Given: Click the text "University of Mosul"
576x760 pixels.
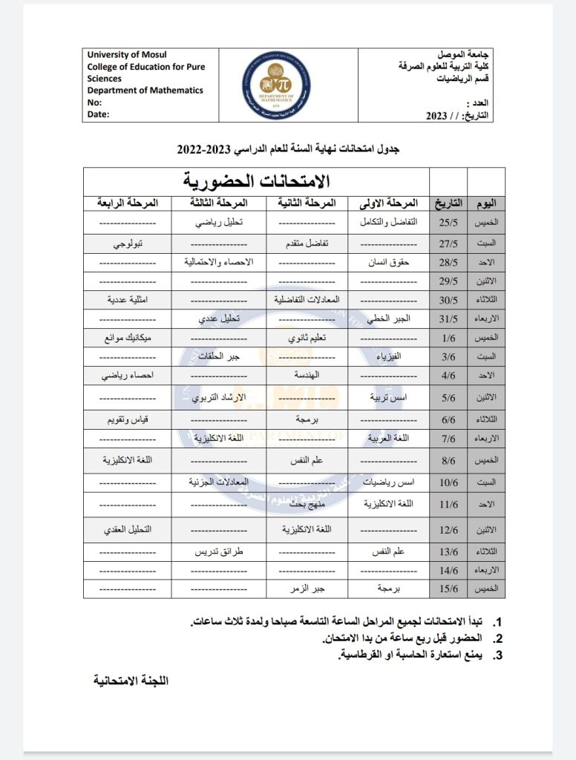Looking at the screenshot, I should click(x=127, y=55).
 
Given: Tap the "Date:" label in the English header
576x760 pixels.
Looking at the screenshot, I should click(x=98, y=114).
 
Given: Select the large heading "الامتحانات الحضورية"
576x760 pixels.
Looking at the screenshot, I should click(x=256, y=181).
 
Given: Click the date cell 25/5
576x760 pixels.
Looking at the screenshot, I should click(x=448, y=222).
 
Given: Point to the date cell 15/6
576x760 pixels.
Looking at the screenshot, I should click(x=448, y=588).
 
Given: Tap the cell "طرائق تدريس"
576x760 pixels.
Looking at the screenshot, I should click(x=219, y=552).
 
